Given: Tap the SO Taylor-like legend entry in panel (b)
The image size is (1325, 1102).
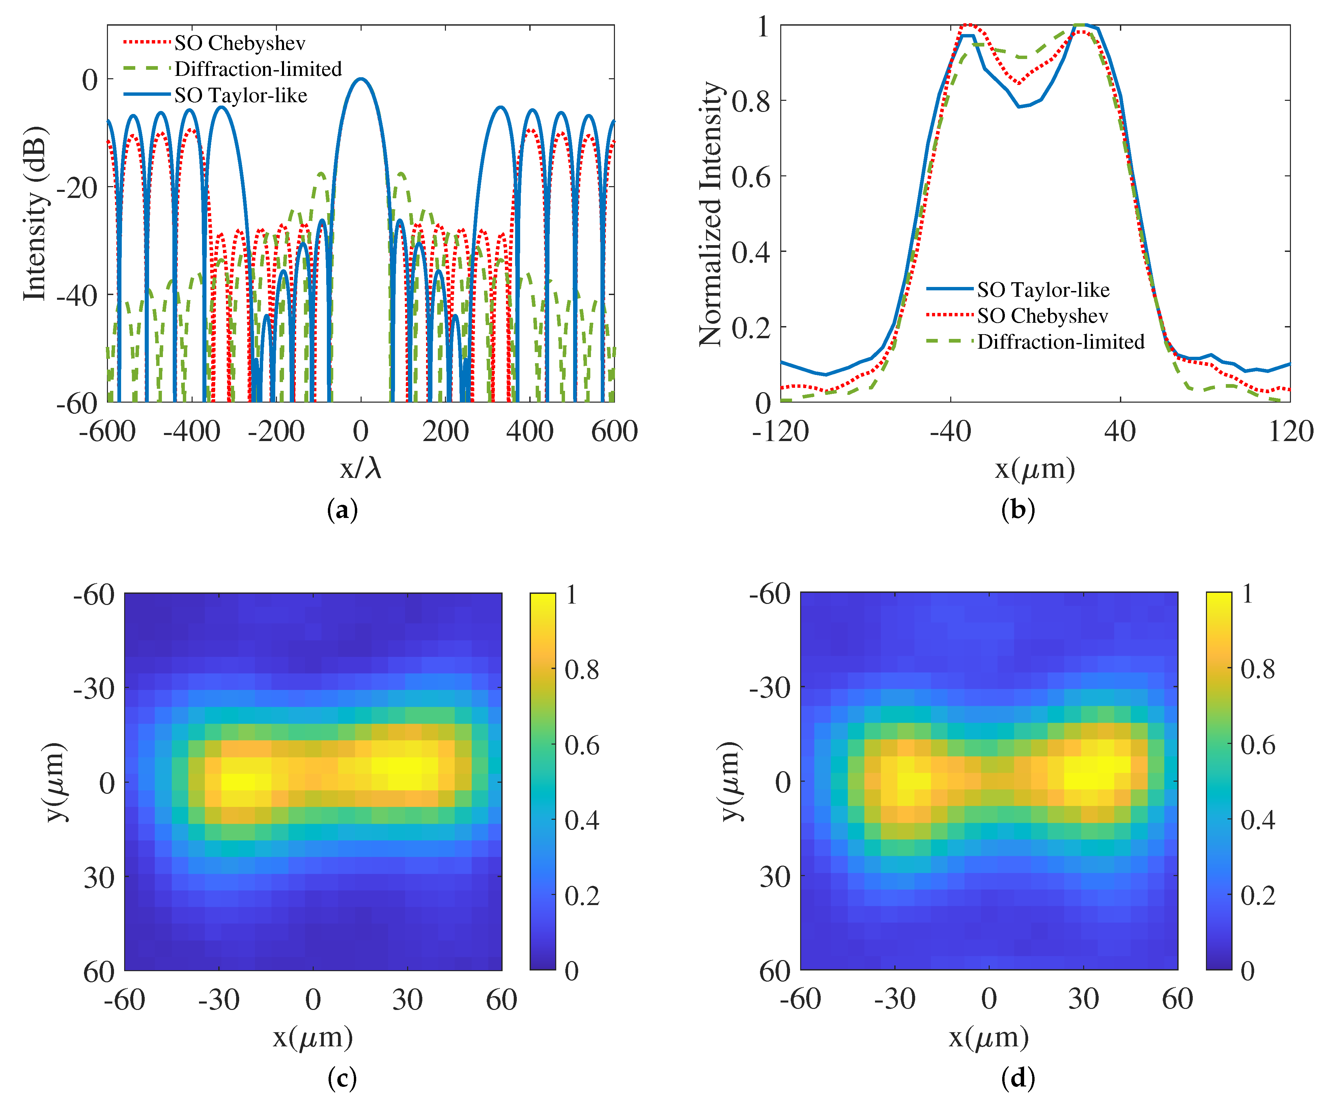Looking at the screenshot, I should pos(1043,290).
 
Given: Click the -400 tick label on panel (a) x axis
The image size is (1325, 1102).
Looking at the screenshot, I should pos(191,432).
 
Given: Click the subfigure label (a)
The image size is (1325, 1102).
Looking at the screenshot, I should pos(343,509).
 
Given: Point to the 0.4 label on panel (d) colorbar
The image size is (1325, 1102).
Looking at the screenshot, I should pos(1258,820).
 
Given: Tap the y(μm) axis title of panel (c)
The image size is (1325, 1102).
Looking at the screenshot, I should pos(56,782).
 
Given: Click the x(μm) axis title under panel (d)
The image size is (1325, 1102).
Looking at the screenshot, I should pos(989,1036).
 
